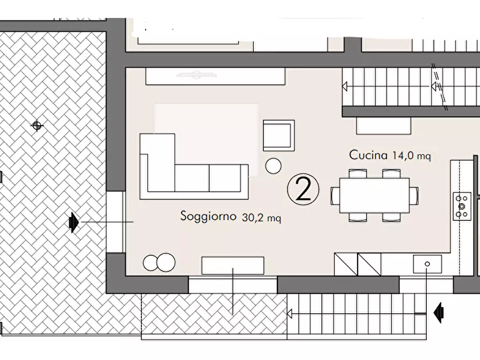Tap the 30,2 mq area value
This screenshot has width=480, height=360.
pyautogui.click(x=261, y=218)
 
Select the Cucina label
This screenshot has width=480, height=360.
pyautogui.click(x=368, y=155)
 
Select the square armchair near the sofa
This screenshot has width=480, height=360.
pyautogui.click(x=278, y=135)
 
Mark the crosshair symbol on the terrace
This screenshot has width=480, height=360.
pyautogui.click(x=37, y=126)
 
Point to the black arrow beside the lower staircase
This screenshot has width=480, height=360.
pyautogui.click(x=439, y=312)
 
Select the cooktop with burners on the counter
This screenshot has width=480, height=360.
pyautogui.click(x=462, y=206)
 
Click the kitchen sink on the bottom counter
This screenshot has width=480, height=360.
pyautogui.click(x=427, y=264)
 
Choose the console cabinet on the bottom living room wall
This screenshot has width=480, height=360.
pyautogui.click(x=232, y=265)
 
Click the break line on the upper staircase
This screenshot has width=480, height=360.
pyautogui.click(x=441, y=86)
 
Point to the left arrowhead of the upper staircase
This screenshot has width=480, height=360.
pyautogui.click(x=345, y=86)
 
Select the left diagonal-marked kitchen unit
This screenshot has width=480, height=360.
pyautogui.click(x=345, y=264)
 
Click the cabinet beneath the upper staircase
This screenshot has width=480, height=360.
pyautogui.click(x=383, y=126)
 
